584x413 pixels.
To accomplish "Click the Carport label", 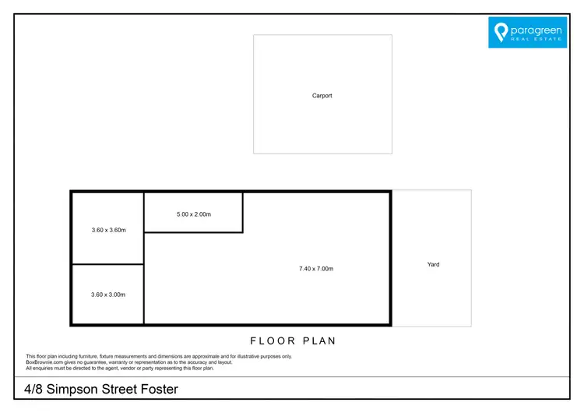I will point(322,96).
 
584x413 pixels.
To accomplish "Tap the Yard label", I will point(433,264).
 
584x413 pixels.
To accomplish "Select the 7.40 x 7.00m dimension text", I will point(315,269).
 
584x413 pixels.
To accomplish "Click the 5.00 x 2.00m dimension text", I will point(193,214).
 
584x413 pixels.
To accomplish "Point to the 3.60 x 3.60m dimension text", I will point(107,230).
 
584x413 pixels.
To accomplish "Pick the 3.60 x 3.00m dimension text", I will point(107,295).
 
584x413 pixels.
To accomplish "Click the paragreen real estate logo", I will point(527,32).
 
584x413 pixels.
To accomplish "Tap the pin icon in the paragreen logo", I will point(501,32).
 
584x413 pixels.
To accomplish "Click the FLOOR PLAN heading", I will point(293,341).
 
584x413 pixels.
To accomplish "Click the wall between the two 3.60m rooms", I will point(107,265).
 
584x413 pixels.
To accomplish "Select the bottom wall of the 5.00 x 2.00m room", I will point(193,232).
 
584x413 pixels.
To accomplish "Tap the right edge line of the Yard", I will point(471,258).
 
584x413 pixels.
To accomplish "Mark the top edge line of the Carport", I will point(322,35).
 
